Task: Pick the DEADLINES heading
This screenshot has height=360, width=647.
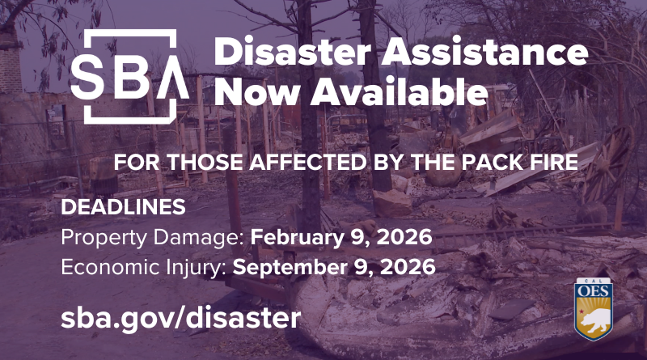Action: coord(123,207)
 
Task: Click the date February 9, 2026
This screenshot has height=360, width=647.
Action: coord(341,239)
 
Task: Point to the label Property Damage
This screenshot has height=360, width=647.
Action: coord(152,239)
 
